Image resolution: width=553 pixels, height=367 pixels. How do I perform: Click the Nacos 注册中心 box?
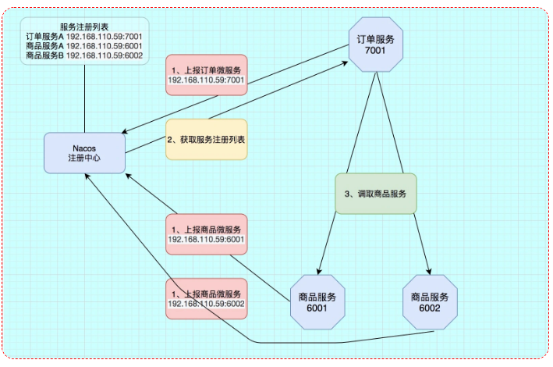click(84, 152)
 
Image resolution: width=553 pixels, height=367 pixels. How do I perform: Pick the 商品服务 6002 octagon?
click(429, 302)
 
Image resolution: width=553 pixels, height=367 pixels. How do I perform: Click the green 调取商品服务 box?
click(376, 193)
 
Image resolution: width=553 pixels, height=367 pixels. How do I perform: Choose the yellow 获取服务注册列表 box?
click(207, 139)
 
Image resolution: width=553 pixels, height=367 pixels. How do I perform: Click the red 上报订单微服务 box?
click(207, 74)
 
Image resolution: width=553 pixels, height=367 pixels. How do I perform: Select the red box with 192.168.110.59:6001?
click(207, 233)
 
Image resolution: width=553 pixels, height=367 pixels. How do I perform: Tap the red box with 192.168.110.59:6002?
click(207, 298)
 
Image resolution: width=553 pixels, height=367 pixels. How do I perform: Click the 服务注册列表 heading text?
click(83, 26)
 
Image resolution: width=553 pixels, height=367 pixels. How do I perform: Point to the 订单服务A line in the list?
click(83, 36)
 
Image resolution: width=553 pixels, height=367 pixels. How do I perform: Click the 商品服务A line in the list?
click(83, 46)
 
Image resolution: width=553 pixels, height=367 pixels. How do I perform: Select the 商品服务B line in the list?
click(83, 56)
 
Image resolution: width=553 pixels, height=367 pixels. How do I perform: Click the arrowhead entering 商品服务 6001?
click(320, 271)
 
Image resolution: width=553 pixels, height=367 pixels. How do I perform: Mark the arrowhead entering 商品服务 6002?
click(428, 271)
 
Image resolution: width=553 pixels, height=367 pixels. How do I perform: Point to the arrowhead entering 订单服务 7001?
click(345, 66)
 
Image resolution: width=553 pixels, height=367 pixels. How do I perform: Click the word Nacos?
click(84, 147)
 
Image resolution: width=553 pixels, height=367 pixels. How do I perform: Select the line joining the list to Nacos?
click(83, 98)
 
